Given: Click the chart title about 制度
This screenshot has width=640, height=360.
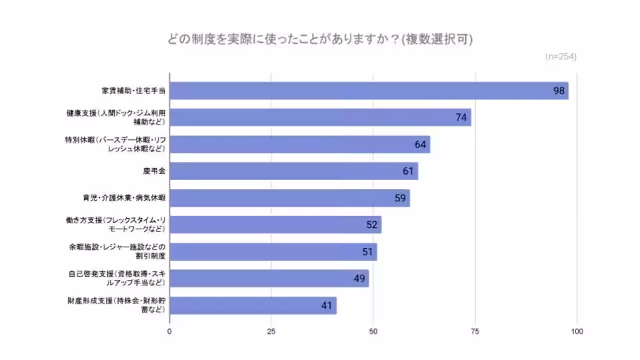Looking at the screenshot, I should [320, 39].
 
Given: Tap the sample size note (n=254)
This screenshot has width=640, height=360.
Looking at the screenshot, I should [560, 57].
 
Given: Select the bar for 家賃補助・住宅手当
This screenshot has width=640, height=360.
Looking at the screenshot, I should [369, 91].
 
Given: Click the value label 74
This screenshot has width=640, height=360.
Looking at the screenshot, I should [460, 117].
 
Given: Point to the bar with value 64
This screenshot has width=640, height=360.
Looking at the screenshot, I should [300, 144].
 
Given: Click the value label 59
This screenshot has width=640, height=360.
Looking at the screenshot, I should [399, 198].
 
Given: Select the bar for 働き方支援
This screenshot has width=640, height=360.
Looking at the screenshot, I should [275, 225].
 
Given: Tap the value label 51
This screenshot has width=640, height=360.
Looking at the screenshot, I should [366, 252].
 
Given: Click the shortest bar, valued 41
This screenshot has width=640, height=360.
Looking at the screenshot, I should [253, 305].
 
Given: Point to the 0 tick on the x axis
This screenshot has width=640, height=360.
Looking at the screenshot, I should [170, 331].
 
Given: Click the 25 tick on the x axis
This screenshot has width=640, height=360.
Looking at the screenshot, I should [271, 331].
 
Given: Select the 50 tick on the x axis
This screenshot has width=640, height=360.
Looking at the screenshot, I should [373, 331].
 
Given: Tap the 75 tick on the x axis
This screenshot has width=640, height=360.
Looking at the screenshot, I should [475, 331].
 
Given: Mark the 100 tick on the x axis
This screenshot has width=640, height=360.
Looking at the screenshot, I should [577, 331].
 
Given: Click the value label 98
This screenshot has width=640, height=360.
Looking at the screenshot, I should [559, 91].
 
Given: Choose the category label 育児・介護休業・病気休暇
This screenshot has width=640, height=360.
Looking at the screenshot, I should [122, 198].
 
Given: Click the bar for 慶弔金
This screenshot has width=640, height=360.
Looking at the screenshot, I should [293, 171].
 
